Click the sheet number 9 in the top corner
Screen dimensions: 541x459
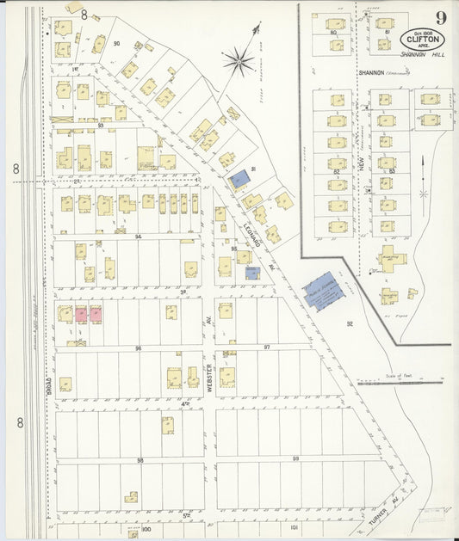(x=440, y=17)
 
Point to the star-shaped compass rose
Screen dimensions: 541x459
(x=237, y=60)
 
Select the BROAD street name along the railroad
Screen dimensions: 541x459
(x=50, y=386)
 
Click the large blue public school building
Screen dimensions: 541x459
(x=323, y=291)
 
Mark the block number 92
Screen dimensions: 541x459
(x=350, y=324)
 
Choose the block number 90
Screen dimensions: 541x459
(x=115, y=43)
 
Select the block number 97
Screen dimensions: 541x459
(x=266, y=347)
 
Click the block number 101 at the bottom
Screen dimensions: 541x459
(x=294, y=527)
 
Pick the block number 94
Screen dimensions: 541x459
(x=137, y=235)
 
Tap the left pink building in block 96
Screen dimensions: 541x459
(x=81, y=314)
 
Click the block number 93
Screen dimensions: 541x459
(x=101, y=126)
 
